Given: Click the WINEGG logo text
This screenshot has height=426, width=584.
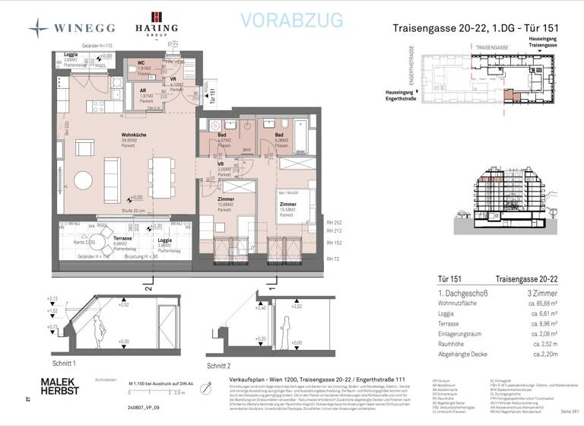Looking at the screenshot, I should (x=84, y=28).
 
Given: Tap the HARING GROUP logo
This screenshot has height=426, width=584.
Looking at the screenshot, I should (x=157, y=25).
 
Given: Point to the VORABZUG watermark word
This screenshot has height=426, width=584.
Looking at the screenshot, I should (x=291, y=20).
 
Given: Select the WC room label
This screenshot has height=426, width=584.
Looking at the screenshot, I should (x=141, y=63).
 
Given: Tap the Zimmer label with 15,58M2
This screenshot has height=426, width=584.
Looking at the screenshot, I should (x=287, y=205).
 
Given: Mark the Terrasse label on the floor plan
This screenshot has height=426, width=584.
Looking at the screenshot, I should (x=123, y=238).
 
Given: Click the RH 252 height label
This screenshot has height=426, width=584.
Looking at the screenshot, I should (x=332, y=222).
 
